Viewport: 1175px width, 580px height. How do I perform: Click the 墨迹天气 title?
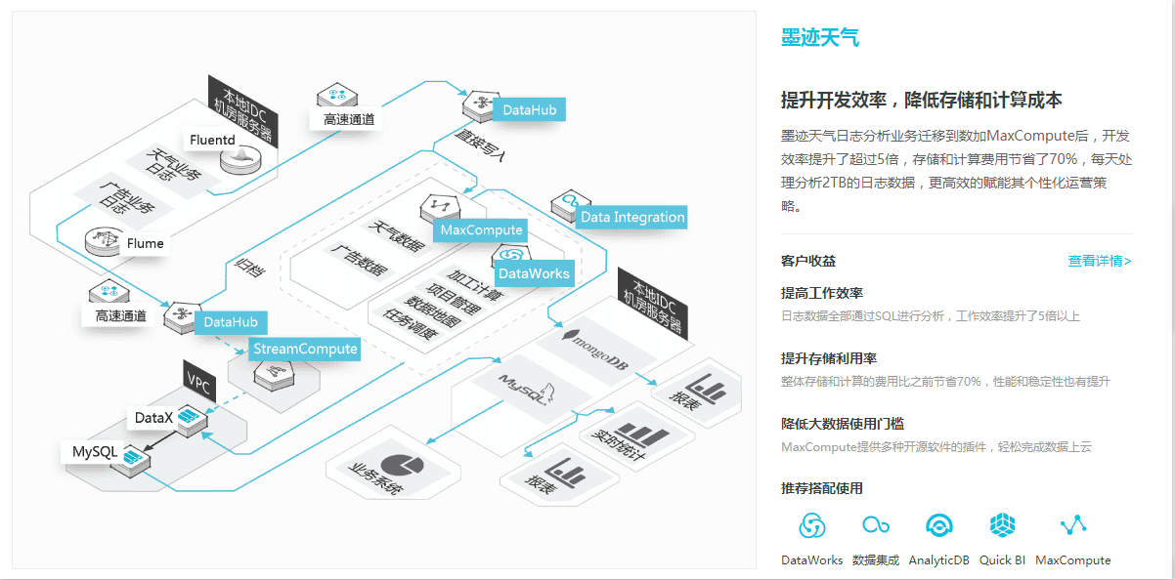819,38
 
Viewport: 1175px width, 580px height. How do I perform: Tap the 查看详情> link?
1099,261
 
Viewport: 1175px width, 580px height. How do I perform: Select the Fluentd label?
212,140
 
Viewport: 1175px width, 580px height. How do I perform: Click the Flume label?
145,243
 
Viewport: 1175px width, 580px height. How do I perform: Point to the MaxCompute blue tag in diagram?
482,230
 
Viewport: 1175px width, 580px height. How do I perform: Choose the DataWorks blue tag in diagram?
534,273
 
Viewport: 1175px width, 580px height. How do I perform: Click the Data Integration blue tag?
632,217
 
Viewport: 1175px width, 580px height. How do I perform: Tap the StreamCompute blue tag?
305,349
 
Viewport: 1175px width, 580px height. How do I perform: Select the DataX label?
153,418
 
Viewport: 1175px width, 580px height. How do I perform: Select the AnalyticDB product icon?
939,525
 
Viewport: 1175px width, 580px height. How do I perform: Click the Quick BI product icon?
1003,525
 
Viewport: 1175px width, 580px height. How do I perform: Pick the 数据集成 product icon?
875,525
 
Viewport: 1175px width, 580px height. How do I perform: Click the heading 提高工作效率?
821,293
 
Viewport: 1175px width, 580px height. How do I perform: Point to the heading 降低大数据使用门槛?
842,424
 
